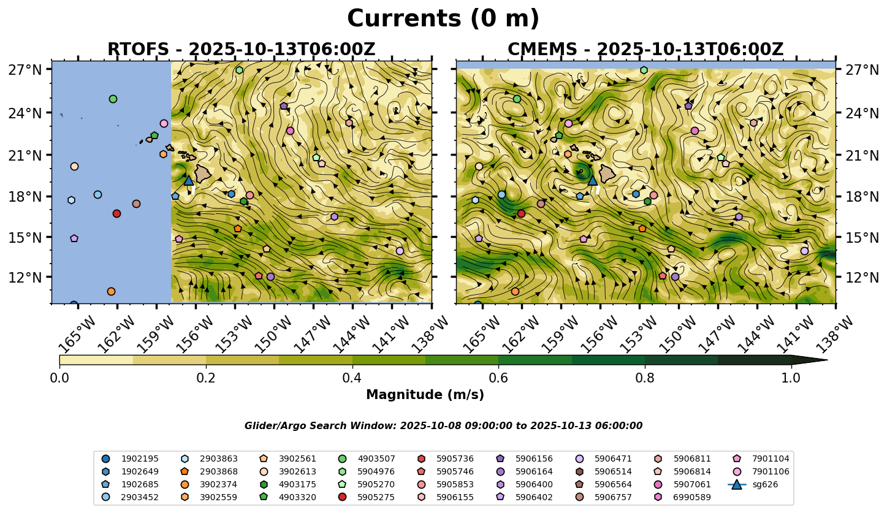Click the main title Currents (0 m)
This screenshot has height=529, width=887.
(x=443, y=19)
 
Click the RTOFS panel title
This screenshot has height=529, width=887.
(x=241, y=50)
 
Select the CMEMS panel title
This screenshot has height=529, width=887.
(x=645, y=50)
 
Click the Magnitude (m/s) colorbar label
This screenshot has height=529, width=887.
(x=425, y=395)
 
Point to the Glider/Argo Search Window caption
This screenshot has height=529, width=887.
(x=443, y=426)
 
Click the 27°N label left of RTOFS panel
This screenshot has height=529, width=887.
(x=25, y=70)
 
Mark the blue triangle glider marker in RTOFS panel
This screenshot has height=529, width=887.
(x=189, y=180)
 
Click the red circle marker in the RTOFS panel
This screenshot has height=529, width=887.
(x=116, y=213)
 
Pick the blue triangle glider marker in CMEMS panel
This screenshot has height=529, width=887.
(x=592, y=180)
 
